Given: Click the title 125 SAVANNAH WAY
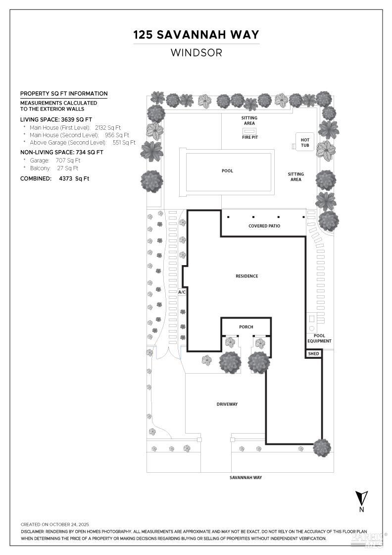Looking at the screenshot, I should click(x=196, y=35).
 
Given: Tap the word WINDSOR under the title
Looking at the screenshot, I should click(x=196, y=52).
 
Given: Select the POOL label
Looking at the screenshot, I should click(x=227, y=171).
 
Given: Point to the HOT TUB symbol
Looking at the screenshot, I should click(x=304, y=143).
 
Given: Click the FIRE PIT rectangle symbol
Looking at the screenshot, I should click(x=249, y=130).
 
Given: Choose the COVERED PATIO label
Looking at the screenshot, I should click(x=264, y=226).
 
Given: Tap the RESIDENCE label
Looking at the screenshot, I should click(x=246, y=276).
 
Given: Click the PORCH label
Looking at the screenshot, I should click(x=246, y=327).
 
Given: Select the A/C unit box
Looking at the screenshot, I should click(x=182, y=292).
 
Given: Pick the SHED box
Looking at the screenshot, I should click(x=313, y=354).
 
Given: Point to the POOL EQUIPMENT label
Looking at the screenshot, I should click(x=319, y=338).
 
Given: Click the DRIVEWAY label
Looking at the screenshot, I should click(x=227, y=404).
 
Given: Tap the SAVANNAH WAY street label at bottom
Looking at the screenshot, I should click(x=245, y=478).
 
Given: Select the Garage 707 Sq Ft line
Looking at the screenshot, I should click(x=54, y=161).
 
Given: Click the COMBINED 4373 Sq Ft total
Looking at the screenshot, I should click(x=54, y=178).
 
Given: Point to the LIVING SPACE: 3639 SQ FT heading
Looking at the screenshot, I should click(x=56, y=119).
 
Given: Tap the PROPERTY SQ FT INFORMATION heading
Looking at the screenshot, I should click(x=63, y=94).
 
